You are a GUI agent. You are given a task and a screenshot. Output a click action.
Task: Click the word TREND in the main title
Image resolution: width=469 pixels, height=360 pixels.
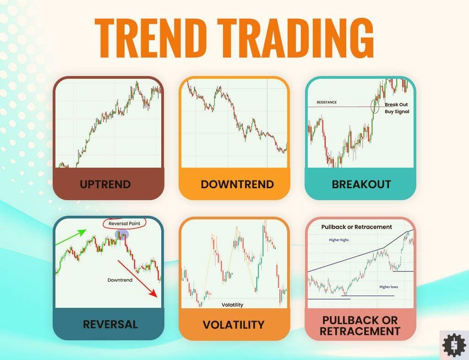(150, 38)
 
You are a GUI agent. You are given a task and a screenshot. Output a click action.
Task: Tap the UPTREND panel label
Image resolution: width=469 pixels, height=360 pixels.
(105, 184)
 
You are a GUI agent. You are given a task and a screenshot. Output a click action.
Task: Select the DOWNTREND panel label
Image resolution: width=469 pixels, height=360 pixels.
(237, 184)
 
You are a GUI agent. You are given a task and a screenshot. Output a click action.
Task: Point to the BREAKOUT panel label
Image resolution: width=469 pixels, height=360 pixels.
(361, 184)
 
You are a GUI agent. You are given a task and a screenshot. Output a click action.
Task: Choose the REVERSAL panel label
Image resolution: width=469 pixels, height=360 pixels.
(110, 324)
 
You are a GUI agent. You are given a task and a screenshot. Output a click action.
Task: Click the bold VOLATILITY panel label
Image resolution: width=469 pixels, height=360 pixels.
(234, 325)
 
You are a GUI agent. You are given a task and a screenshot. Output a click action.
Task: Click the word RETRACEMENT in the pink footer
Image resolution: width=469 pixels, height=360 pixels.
(360, 331)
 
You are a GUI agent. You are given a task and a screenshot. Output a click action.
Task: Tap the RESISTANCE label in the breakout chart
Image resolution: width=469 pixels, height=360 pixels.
(327, 102)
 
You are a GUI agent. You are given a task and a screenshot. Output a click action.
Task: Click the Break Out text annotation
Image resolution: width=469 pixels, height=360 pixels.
(396, 104)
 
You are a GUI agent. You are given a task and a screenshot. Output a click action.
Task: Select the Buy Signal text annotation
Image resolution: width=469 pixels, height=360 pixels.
(397, 112)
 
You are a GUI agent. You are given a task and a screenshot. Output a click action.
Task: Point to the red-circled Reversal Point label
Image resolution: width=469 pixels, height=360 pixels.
(125, 224)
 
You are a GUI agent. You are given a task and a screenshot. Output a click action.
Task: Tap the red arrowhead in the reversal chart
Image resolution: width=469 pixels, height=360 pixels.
(154, 293)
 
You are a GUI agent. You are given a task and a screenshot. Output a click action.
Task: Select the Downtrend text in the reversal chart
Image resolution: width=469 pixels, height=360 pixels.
(120, 280)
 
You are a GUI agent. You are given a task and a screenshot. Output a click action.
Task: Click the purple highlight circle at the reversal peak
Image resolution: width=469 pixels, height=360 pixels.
(122, 235)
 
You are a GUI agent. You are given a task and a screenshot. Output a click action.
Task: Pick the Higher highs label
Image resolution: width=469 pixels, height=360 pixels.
(339, 240)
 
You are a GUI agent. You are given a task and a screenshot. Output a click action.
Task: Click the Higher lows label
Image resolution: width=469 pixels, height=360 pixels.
(388, 287)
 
